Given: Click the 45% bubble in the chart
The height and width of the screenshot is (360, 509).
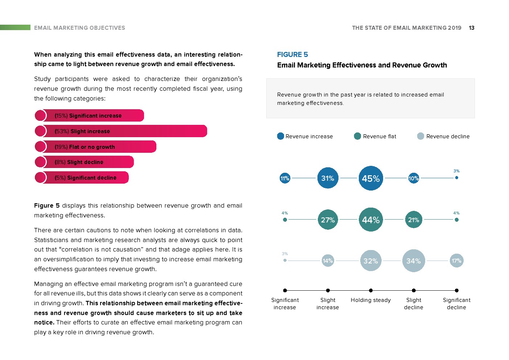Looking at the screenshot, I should coord(371,178).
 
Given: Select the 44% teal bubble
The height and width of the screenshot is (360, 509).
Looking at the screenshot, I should coord(371,220).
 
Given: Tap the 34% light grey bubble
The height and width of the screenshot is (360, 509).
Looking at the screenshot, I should coord(414,261).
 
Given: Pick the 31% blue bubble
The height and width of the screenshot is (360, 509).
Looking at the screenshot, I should coord(328,178).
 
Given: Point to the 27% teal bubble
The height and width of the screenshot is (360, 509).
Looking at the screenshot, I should coord(328,220).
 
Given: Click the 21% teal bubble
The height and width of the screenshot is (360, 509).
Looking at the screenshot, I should coord(414,220).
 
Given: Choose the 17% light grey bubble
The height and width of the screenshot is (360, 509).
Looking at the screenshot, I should coord(456,261).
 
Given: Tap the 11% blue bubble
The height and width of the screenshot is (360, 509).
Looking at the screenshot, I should coord(285,178).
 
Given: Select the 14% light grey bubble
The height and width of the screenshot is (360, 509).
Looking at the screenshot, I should coord(328,261).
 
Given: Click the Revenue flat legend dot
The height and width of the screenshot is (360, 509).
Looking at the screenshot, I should coord(357,136).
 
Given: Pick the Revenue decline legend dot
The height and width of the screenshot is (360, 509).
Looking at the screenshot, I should coord(420,136).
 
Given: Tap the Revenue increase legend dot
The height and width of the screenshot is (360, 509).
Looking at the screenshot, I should coord(280,136).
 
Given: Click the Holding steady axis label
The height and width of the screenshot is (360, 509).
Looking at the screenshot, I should coord(371,300).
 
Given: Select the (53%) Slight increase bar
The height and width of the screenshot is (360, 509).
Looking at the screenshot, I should coord(121,131).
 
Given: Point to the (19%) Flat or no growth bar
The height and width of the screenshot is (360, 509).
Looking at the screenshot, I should coord(95,147).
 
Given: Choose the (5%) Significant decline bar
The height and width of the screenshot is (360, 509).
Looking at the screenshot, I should coord(82,177).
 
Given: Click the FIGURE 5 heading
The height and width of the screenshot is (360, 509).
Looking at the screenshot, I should coord(292,54).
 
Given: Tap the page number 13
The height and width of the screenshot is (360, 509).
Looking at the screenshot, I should coord(472,28).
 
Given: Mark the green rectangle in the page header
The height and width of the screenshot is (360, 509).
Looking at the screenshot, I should coord(15,28).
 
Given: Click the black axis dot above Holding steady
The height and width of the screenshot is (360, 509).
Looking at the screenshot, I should coord(371,290).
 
